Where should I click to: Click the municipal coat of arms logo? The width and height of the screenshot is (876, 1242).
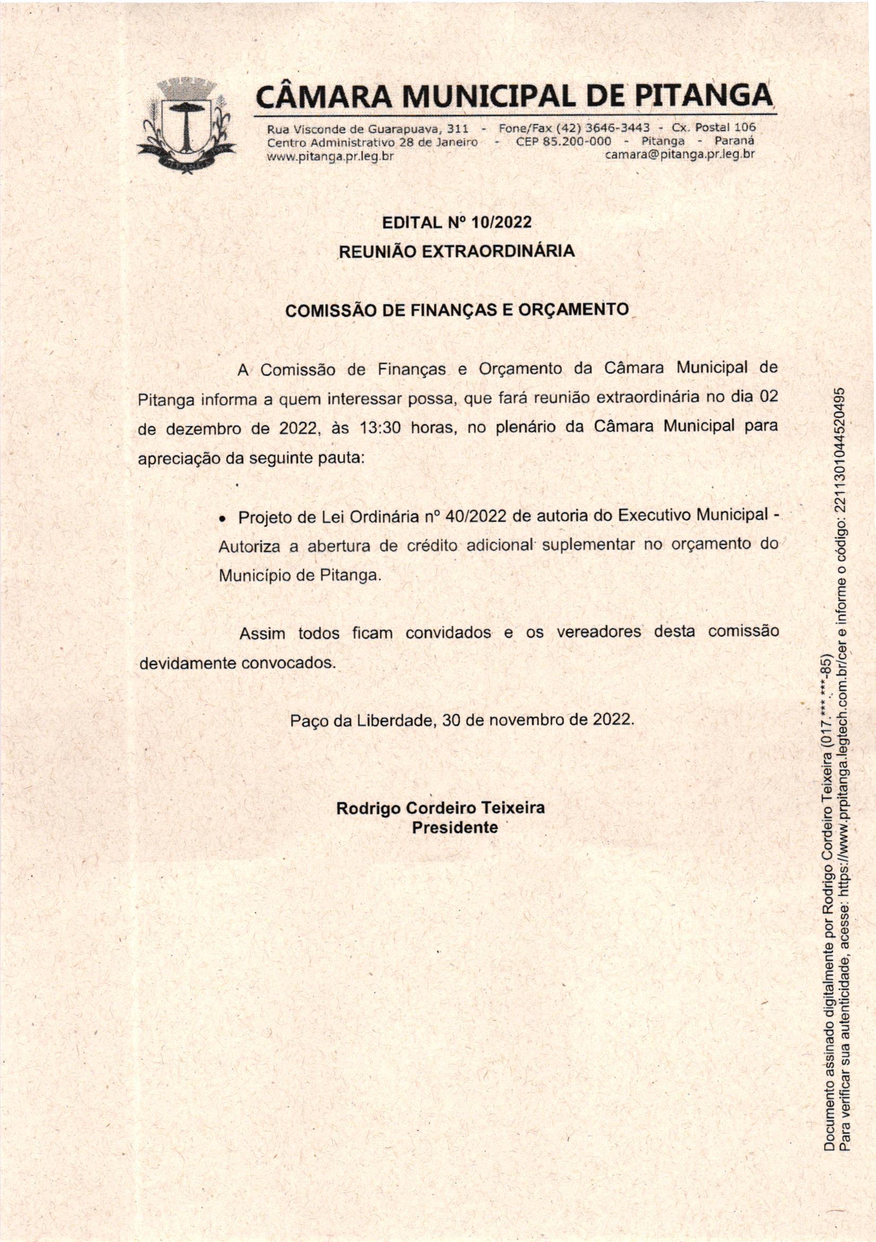click(x=187, y=125)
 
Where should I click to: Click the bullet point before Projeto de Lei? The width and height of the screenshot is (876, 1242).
click(x=222, y=518)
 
